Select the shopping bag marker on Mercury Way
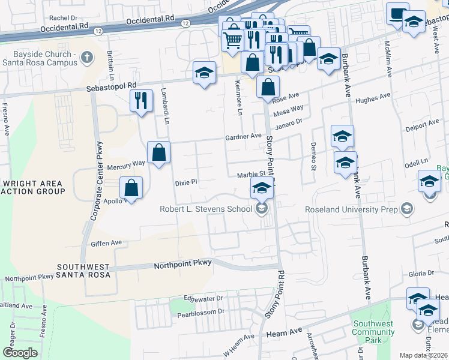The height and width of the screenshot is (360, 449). click(158, 152)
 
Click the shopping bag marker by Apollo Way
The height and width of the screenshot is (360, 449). click(131, 188)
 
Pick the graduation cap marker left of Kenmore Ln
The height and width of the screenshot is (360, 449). click(204, 73)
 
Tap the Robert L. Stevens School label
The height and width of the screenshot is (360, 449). click(206, 209)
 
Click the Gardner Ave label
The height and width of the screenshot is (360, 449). click(243, 137)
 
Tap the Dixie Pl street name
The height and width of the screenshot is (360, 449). click(185, 182)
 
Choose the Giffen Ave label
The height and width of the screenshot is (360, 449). click(106, 243)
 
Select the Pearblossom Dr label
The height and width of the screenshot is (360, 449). click(203, 311)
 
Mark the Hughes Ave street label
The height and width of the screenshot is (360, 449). click(373, 98)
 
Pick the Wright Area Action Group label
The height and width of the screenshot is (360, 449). click(34, 187)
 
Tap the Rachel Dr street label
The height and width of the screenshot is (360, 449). click(64, 19)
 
